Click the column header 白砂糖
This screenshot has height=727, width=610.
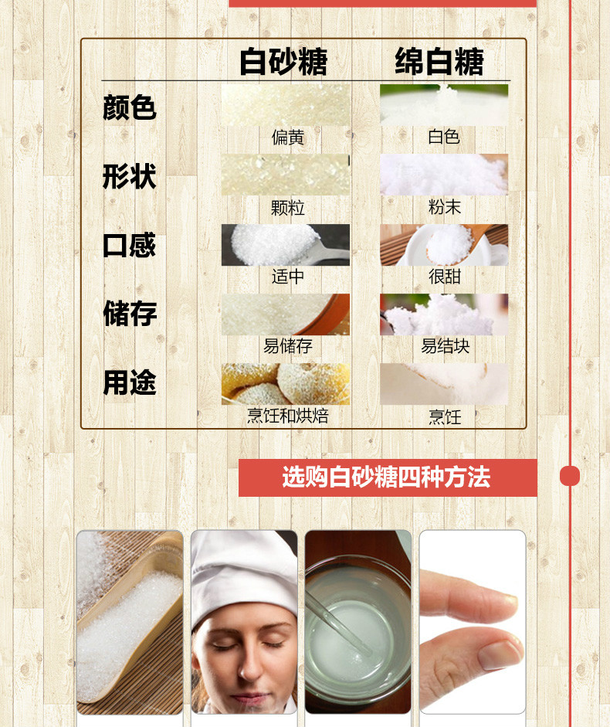283,61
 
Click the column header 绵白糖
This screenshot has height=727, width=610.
439,61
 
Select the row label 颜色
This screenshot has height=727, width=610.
129,107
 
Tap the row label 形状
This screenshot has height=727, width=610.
129,176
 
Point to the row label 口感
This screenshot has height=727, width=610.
129,245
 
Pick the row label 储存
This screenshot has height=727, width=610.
130,314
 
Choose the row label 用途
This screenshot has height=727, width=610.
129,382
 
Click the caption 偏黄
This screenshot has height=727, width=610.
288,138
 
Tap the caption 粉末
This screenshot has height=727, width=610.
445,207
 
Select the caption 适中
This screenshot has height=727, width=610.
288,277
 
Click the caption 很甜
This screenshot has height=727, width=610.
445,277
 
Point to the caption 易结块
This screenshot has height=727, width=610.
445,346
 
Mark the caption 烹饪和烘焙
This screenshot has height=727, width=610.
288,416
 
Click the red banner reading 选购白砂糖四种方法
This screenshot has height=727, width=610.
388,477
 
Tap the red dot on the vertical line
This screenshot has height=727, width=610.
570,476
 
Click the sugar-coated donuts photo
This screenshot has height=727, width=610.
286,384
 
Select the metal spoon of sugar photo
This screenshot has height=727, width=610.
286,245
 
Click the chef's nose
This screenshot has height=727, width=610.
246,664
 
